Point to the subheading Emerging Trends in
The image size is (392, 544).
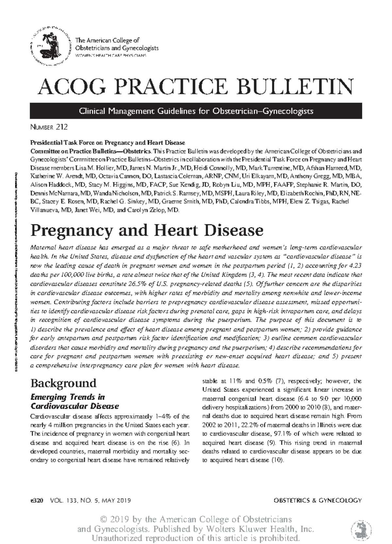[x=67, y=397]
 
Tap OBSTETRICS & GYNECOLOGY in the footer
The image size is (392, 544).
[x=318, y=500]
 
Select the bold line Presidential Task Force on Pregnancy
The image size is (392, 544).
[x=107, y=143]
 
